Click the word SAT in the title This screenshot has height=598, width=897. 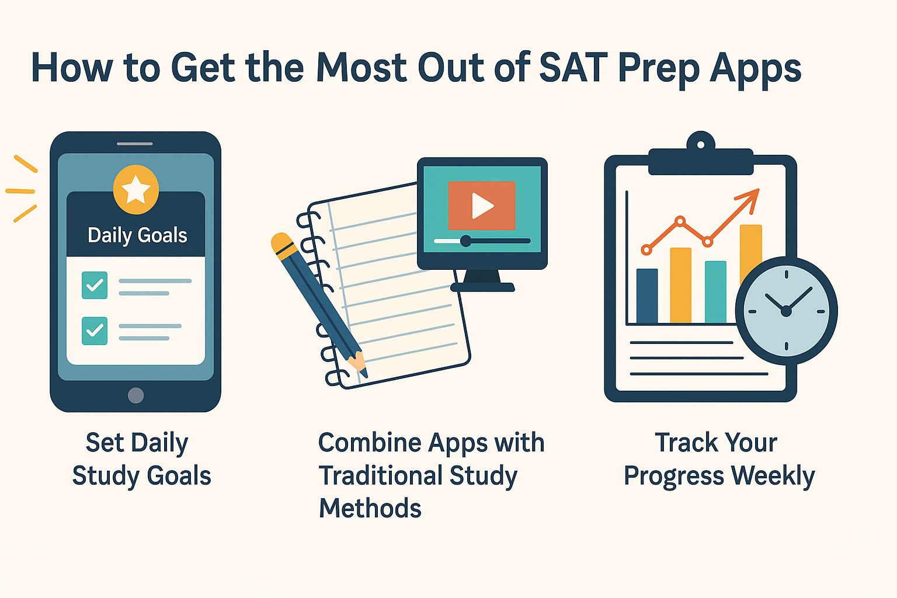click(574, 68)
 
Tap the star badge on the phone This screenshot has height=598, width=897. click(135, 189)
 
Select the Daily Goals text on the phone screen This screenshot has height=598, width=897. click(137, 235)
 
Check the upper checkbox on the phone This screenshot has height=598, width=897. click(95, 285)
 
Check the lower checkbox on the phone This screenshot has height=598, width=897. click(95, 331)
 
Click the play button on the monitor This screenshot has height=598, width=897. click(482, 206)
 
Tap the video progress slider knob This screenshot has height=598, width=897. click(465, 241)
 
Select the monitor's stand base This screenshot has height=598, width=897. click(482, 287)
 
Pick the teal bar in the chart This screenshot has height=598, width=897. click(715, 291)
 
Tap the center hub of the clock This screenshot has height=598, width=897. click(786, 311)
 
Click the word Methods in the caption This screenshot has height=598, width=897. click(370, 509)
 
